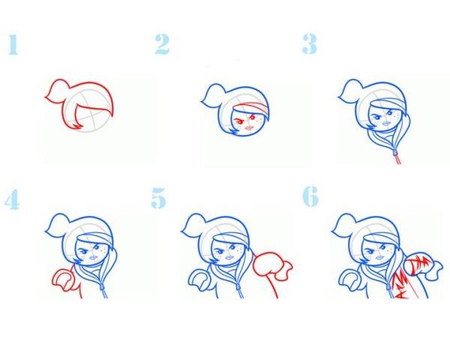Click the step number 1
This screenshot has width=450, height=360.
click(x=13, y=44)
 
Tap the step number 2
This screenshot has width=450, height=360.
click(x=163, y=44)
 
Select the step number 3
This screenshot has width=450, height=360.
click(x=309, y=43)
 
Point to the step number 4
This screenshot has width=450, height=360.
click(x=12, y=199)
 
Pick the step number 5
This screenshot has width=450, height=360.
click(x=159, y=198)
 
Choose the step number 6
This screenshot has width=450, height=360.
click(x=310, y=196)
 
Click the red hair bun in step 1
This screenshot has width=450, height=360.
click(x=58, y=89)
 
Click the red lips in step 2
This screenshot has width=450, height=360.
click(x=249, y=127)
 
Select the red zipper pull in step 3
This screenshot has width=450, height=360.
click(x=397, y=157)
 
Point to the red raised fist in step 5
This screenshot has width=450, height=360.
click(x=272, y=265)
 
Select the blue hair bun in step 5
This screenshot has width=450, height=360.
click(x=194, y=224)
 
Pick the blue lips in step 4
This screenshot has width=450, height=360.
click(x=93, y=257)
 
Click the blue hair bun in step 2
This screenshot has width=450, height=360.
click(x=214, y=94)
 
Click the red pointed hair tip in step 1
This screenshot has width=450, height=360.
click(x=77, y=126)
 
